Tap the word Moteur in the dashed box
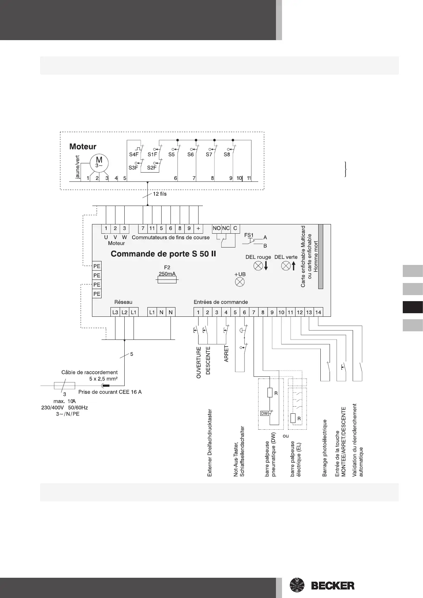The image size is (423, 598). coord(83,147)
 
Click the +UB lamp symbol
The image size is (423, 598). coord(240,282)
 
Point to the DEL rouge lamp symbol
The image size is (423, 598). coord(258,265)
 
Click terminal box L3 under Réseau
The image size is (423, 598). coord(115,312)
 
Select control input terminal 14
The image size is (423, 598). coord(318,312)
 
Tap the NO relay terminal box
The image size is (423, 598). coord(217,228)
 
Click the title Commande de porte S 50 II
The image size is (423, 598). coord(163,254)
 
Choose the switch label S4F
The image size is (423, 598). coord(134,154)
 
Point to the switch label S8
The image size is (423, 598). coord(227,154)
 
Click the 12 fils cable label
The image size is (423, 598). coord(159,194)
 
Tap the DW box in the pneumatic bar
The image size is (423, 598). coord(265,413)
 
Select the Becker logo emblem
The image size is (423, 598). coord(297,585)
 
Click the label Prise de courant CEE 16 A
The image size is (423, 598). coord(110,392)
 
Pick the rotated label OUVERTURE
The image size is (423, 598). coord(199,363)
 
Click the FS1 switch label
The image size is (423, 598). coord(249,235)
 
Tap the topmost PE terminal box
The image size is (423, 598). coord(97,266)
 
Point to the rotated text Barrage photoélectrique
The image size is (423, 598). coord(324,448)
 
